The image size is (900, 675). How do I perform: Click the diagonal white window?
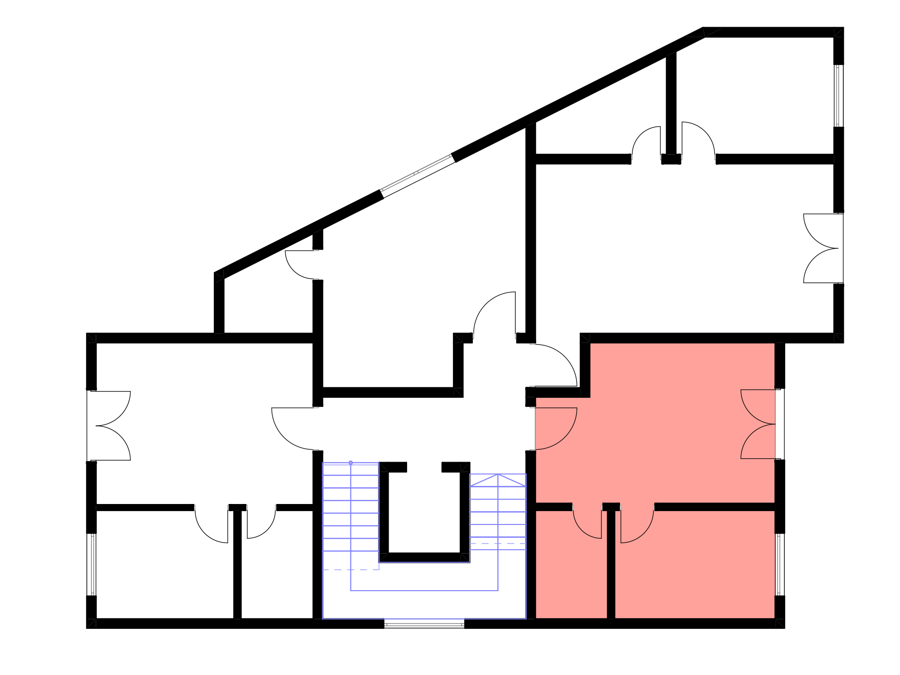click(x=417, y=175)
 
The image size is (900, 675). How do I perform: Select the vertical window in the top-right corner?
click(x=839, y=96)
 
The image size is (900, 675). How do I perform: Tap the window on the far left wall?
click(x=91, y=564)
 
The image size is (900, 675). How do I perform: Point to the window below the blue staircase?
click(x=424, y=623)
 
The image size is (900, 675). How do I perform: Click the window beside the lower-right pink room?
click(x=780, y=564)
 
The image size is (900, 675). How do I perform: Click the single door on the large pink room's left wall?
click(x=555, y=428)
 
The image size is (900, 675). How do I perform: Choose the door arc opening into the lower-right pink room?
click(x=637, y=527)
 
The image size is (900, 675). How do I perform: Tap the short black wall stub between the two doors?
click(x=611, y=506)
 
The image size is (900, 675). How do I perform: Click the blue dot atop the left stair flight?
click(x=351, y=463)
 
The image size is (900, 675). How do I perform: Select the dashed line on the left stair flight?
click(x=350, y=570)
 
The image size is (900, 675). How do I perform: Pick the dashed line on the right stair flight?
click(x=498, y=544)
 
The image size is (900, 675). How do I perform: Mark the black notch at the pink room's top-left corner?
click(x=563, y=370)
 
